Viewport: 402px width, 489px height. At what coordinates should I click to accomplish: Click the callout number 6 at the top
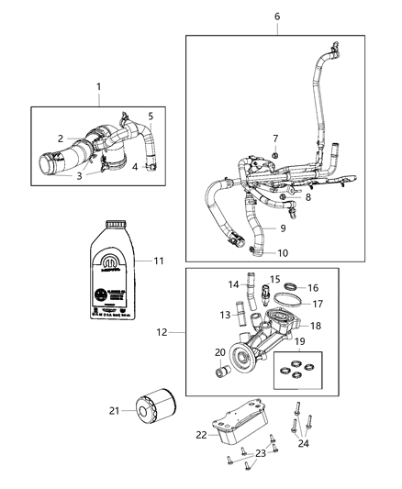(x=277, y=17)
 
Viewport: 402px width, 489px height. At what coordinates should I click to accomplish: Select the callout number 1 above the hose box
(x=99, y=87)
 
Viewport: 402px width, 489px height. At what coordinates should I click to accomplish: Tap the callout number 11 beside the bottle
(x=158, y=261)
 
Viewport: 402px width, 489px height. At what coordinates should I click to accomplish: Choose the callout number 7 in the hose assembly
(x=274, y=139)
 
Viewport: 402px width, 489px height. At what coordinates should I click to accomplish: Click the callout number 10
(x=282, y=252)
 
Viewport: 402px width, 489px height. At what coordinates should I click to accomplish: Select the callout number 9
(x=283, y=228)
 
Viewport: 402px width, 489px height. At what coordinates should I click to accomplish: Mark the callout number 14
(x=233, y=284)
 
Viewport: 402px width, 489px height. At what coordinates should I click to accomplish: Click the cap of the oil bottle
(x=114, y=223)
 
